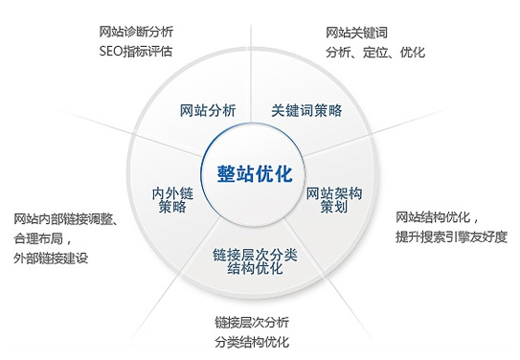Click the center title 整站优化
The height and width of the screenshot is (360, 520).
(254, 174)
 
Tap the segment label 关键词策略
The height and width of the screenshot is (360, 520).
(306, 110)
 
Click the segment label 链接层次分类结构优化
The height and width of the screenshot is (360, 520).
(255, 260)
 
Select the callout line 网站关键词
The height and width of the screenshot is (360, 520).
(356, 33)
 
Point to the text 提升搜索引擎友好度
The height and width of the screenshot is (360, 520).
(451, 236)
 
